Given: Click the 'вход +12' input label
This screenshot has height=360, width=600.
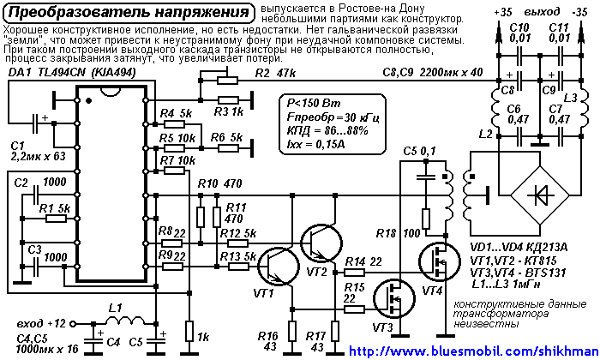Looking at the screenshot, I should pos(40,323).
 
